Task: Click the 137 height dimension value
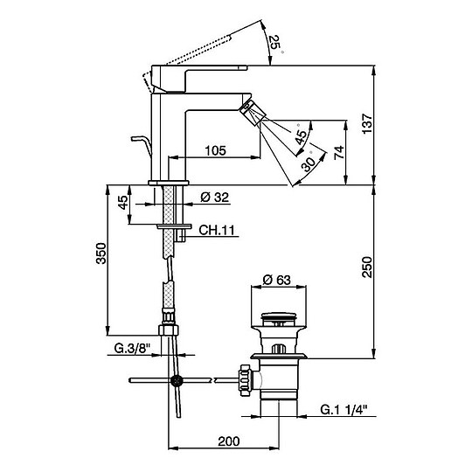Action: point(367,124)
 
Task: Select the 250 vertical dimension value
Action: point(367,267)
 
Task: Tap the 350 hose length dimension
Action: point(101,253)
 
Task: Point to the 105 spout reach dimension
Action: point(215,150)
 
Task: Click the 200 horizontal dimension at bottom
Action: point(229,441)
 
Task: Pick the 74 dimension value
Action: point(339,153)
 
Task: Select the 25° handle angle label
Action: point(275,43)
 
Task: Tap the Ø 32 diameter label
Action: point(215,198)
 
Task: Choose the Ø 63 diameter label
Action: point(276,280)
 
